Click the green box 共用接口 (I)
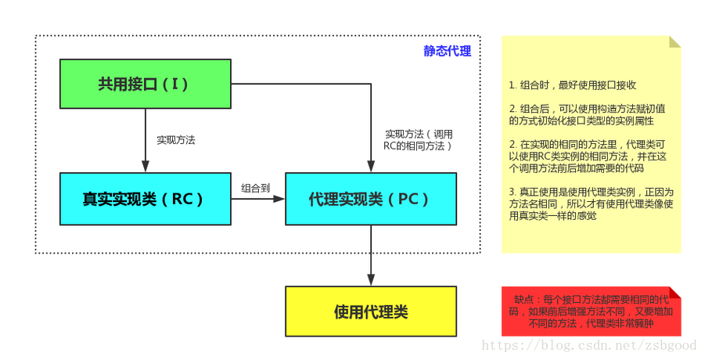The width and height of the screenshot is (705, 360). point(145,84)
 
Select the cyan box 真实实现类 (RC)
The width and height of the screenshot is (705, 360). point(145,199)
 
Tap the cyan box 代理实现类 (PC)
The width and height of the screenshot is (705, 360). point(370,199)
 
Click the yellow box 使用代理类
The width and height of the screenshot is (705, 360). point(370,311)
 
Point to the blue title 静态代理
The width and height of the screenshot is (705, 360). point(448,51)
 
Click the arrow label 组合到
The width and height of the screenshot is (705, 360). point(256,188)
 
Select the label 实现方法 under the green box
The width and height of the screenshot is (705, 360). point(175,140)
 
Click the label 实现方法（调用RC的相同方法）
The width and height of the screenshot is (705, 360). point(419,140)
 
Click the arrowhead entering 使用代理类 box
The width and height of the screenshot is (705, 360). point(370,280)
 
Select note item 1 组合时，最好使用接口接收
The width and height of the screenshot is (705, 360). point(571,85)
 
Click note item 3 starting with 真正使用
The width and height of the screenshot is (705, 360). point(591,203)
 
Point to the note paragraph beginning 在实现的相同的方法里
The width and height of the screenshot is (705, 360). point(591,157)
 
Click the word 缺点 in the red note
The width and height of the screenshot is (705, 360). point(524,299)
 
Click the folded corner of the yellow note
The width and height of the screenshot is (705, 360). point(675,41)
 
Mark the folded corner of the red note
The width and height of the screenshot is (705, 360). point(675,292)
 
